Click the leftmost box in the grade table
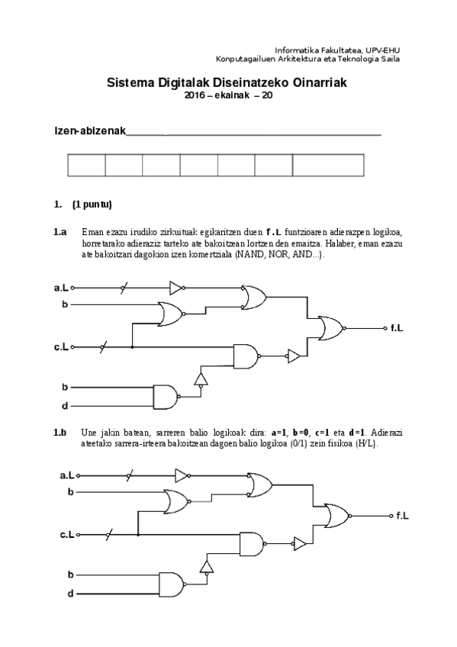click(86, 166)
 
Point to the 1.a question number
click(60, 232)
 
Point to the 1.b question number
click(60, 433)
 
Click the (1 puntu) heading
click(92, 204)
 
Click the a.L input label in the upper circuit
click(62, 288)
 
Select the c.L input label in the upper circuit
click(62, 347)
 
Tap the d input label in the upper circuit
click(65, 406)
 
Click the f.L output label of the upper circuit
click(397, 328)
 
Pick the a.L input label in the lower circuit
click(67, 475)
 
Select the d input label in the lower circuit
click(70, 593)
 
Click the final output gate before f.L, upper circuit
click(332, 328)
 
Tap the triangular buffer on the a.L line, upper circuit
click(176, 288)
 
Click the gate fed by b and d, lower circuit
click(171, 583)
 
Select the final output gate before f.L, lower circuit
click(336, 517)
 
